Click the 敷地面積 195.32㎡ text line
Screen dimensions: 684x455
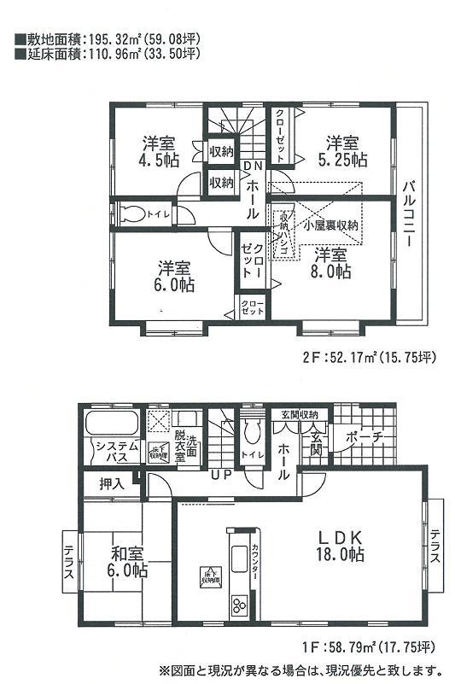tap(107, 39)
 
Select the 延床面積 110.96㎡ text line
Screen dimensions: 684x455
tap(107, 53)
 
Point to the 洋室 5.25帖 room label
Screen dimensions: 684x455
tap(345, 150)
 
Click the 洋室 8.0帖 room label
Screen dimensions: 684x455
tap(330, 263)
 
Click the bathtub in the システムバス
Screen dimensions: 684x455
tap(112, 424)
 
